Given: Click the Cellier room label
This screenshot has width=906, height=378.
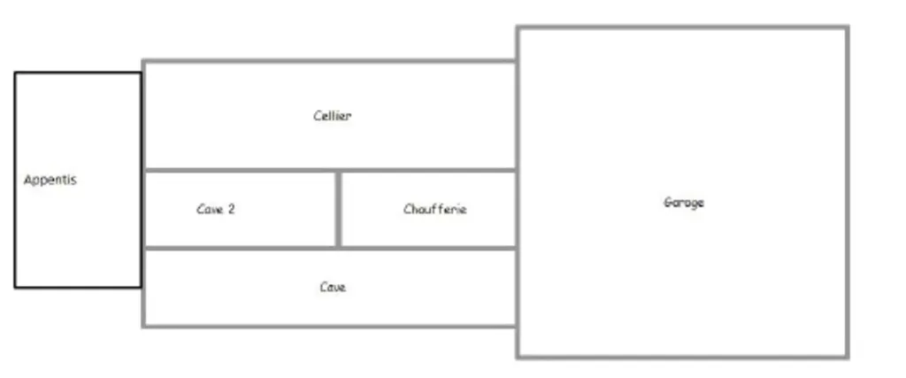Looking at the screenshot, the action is (x=333, y=116).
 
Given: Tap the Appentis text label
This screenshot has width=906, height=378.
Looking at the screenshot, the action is (x=50, y=180).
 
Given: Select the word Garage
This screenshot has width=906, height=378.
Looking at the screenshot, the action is (x=684, y=203).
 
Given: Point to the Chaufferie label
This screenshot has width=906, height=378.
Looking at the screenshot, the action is (x=434, y=209).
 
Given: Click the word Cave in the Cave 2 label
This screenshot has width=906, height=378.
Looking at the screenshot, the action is (x=210, y=209).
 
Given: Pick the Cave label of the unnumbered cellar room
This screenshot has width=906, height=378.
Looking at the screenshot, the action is (x=333, y=287).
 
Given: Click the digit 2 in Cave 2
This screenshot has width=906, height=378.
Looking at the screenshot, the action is (x=231, y=209).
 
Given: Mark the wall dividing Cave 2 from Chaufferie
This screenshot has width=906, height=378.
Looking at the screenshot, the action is (x=339, y=209).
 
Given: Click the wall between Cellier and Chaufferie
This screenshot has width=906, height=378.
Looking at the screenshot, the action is (x=428, y=171).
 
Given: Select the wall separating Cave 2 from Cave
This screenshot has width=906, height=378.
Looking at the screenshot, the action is (x=241, y=249).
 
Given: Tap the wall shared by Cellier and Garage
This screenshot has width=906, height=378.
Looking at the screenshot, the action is (x=517, y=115).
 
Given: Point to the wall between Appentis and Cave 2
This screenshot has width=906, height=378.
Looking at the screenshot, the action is (x=142, y=209).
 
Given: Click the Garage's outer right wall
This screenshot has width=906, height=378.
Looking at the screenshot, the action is (x=847, y=192).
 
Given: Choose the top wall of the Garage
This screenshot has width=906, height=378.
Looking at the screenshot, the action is (x=683, y=27).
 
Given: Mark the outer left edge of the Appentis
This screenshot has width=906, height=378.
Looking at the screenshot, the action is (x=15, y=180).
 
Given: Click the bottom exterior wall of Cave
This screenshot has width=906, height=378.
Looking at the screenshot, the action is (x=330, y=327).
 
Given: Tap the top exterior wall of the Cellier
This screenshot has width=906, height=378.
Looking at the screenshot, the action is (x=330, y=61).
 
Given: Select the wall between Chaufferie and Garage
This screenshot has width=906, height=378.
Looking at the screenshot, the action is (x=517, y=209).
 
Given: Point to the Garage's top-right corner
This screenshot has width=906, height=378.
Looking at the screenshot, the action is (x=847, y=27).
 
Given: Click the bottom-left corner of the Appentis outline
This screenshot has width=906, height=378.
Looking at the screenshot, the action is (x=15, y=287).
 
